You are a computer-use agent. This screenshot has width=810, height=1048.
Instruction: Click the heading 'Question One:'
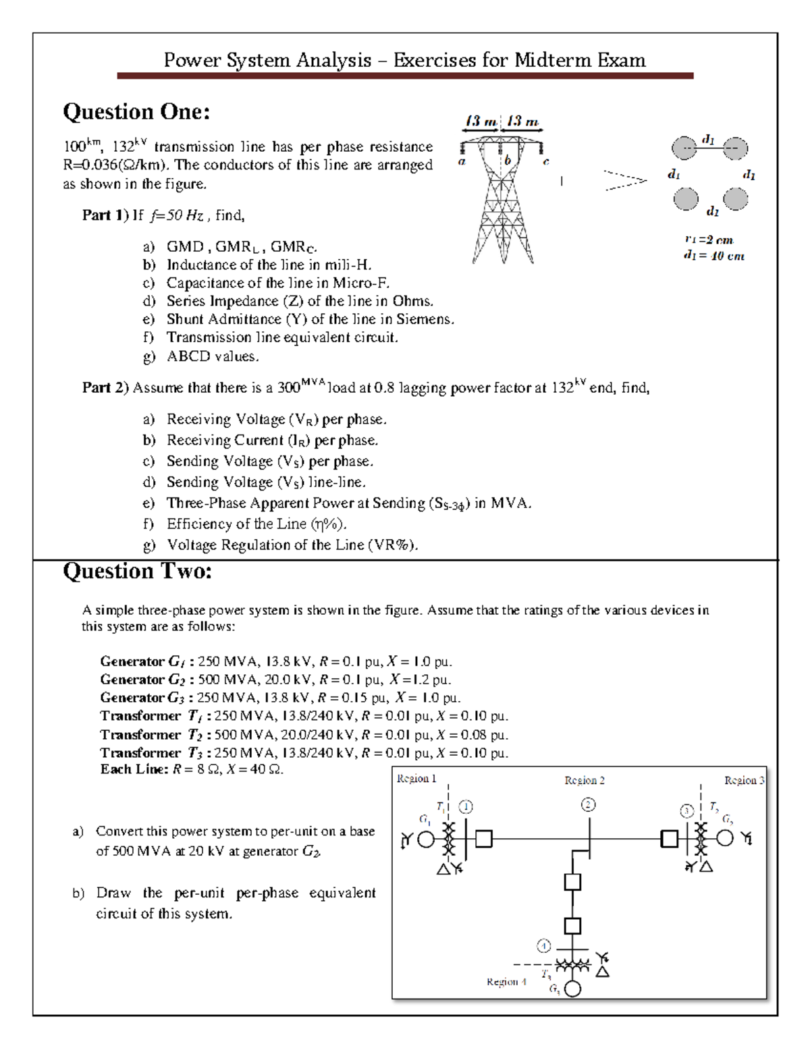tap(136, 111)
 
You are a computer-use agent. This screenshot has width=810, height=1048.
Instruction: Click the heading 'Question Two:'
tap(137, 572)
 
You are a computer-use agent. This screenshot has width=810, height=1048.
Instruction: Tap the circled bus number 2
tap(589, 804)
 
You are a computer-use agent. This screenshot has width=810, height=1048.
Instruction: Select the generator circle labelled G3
tap(572, 989)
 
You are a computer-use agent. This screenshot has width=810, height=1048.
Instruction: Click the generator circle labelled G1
tap(426, 839)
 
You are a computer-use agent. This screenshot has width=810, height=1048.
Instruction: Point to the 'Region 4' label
tap(506, 981)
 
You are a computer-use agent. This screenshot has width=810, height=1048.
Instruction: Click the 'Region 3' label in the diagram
tap(744, 780)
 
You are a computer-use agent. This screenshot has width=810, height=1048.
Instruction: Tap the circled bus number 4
tap(543, 945)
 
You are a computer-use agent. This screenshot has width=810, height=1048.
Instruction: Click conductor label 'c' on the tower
tap(546, 162)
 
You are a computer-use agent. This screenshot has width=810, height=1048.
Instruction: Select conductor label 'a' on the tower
tap(462, 162)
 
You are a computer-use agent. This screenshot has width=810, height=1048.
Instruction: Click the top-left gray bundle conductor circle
tap(684, 148)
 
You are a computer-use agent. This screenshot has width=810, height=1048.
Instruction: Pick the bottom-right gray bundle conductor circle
tap(735, 198)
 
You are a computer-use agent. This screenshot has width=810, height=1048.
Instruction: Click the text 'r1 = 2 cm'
tap(708, 240)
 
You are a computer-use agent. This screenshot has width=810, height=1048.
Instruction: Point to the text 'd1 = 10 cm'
tap(713, 256)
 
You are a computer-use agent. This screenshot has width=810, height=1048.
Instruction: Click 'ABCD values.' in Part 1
tap(213, 356)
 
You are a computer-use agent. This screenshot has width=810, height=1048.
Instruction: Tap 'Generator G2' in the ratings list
tap(142, 680)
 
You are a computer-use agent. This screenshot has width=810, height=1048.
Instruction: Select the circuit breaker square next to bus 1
tap(483, 839)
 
